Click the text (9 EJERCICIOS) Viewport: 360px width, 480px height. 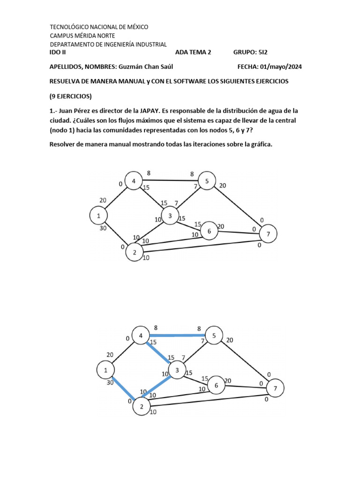71,97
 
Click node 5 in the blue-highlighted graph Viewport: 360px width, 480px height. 214,336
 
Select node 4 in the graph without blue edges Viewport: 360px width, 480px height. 134,181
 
